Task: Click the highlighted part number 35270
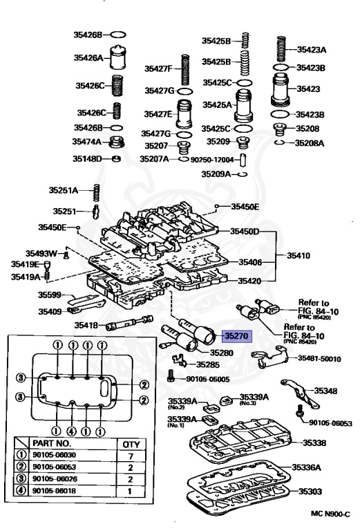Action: point(236,336)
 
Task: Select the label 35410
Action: point(298,255)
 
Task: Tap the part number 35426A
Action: point(88,58)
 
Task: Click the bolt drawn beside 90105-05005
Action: point(171,375)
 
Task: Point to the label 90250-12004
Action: point(212,160)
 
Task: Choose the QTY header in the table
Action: point(131,445)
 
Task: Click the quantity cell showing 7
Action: point(131,456)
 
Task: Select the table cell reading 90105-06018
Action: point(55,490)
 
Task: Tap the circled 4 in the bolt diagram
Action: point(71,431)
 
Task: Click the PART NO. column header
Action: point(52,443)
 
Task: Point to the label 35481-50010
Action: point(319,359)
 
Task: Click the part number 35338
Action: point(314,442)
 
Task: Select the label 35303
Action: point(310,491)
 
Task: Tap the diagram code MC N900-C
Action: point(330,514)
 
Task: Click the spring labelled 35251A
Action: point(97,193)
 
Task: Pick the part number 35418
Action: point(86,325)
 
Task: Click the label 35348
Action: point(325,391)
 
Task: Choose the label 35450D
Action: point(245,232)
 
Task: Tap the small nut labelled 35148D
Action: point(116,158)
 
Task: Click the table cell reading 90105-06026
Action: point(55,478)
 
